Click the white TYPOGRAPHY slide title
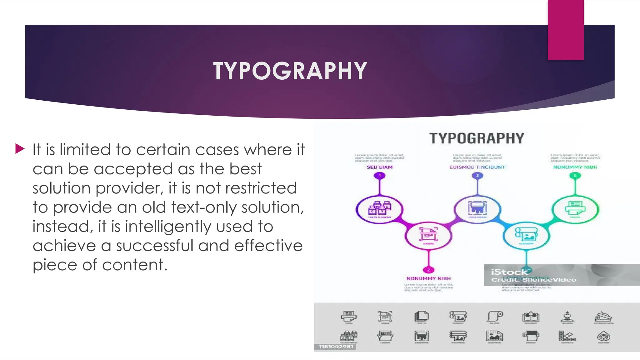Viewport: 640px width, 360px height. (x=290, y=71)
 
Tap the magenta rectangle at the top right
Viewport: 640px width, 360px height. (x=566, y=30)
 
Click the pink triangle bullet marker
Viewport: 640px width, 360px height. (x=20, y=149)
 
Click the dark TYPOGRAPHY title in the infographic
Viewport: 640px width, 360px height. (x=477, y=138)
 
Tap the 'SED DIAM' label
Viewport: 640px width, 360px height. (x=380, y=167)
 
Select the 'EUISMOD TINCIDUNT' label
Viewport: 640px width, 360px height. (x=477, y=167)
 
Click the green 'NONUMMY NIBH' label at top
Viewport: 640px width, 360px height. (x=575, y=167)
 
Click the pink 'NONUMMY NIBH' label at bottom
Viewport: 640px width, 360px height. (x=428, y=278)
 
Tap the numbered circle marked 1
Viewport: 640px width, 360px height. (x=380, y=176)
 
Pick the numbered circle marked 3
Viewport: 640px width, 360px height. (x=477, y=176)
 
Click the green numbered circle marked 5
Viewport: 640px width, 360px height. (x=575, y=176)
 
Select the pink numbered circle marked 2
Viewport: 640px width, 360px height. (x=428, y=270)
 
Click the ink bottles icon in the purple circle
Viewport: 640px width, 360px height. (x=379, y=208)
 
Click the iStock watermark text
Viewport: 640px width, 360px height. (x=509, y=272)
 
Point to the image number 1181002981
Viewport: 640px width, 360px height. (x=336, y=347)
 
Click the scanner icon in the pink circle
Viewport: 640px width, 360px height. (x=428, y=235)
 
